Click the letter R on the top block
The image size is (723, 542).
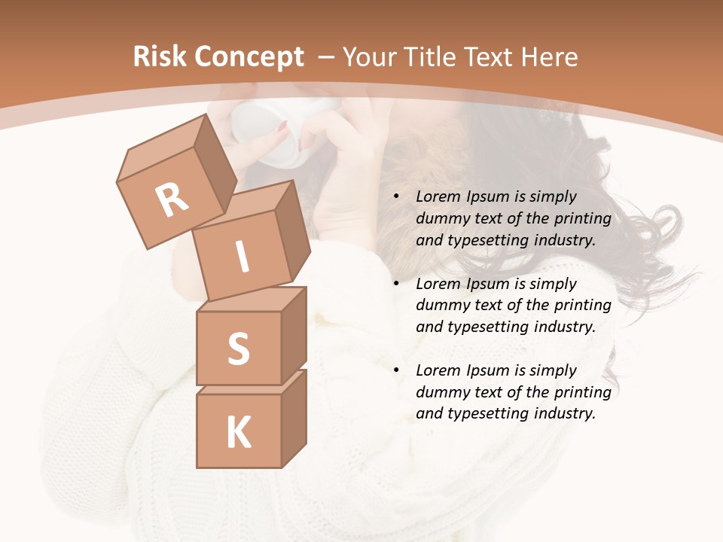point(172,200)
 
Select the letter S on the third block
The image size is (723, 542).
point(238,349)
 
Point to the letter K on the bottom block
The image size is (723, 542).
point(238,433)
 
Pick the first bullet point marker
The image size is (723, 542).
point(396,197)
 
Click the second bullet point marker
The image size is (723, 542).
point(396,285)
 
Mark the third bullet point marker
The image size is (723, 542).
point(396,371)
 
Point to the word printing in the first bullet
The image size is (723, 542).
point(582,219)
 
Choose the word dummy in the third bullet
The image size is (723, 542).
point(440,392)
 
